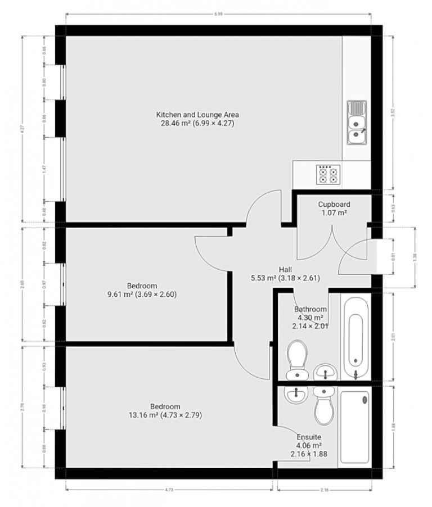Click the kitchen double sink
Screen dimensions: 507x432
click(x=357, y=122)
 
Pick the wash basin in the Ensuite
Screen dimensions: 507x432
click(x=294, y=395)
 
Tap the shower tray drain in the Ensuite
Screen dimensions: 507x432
click(x=366, y=400)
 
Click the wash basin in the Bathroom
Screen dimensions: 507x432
click(x=325, y=371)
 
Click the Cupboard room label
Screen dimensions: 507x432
click(x=334, y=209)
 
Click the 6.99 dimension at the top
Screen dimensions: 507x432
click(x=218, y=14)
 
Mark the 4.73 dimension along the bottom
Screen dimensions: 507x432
click(x=169, y=490)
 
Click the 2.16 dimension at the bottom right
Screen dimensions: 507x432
click(x=325, y=490)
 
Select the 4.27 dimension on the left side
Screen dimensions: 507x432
click(x=22, y=128)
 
